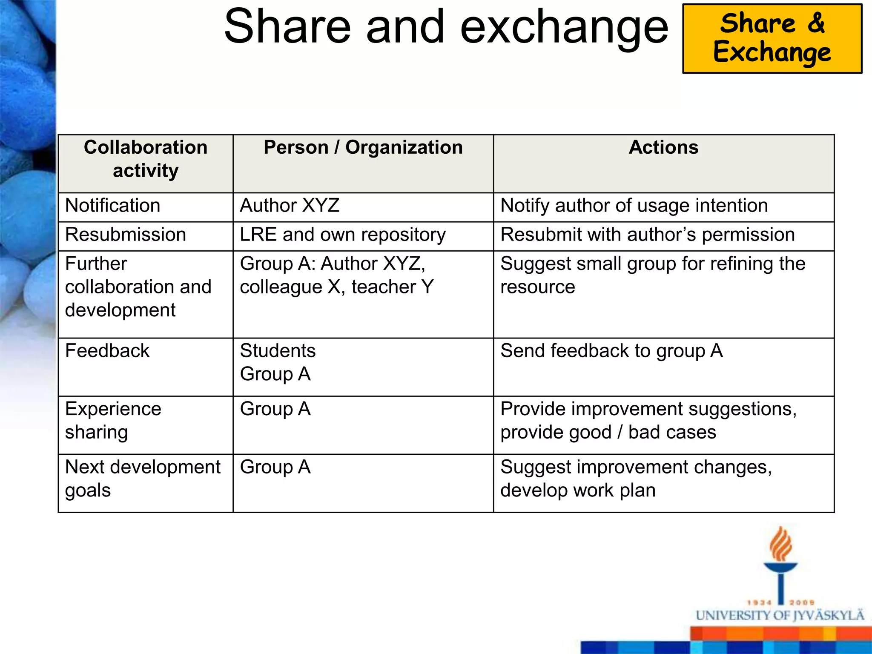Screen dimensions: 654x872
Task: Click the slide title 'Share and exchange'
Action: [x=446, y=27]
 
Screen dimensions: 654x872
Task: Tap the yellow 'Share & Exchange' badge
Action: [x=772, y=38]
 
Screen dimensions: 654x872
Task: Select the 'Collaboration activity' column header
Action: [x=146, y=159]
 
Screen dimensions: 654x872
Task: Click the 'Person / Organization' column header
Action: [x=363, y=147]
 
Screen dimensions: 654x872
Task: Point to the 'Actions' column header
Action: [x=663, y=147]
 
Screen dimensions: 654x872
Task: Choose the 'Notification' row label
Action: [x=113, y=206]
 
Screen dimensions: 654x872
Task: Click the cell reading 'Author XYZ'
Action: [x=290, y=206]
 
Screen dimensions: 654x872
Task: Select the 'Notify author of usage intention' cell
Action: [x=634, y=206]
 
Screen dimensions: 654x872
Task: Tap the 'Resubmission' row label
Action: [x=126, y=235]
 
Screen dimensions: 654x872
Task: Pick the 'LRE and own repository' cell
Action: [x=343, y=235]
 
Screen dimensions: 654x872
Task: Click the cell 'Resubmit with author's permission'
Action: [x=647, y=235]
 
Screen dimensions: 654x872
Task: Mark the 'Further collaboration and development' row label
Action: [x=138, y=287]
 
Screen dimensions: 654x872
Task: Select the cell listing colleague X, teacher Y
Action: [x=336, y=275]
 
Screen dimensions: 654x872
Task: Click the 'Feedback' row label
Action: [x=107, y=351]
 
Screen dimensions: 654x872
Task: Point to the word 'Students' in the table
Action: [x=278, y=351]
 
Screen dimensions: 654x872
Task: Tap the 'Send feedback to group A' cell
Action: [x=611, y=351]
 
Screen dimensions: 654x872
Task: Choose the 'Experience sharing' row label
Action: [x=113, y=420]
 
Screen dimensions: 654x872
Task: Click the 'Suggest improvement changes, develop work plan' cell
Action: [x=636, y=479]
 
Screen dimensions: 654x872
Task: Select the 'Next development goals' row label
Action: [x=143, y=479]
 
